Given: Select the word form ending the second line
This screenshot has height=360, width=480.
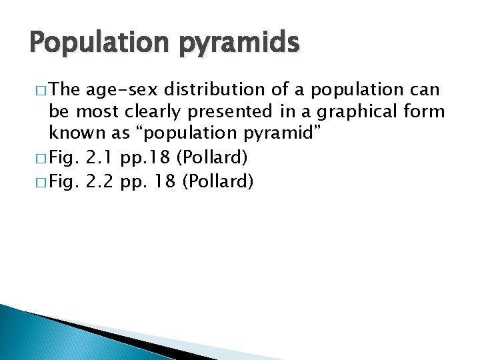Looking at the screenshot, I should tap(423, 112).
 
